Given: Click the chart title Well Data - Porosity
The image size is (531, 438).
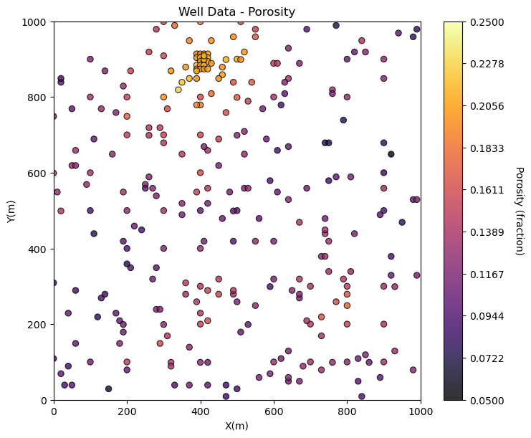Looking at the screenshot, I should tap(236, 11).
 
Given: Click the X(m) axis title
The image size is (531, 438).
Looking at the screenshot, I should tap(236, 426).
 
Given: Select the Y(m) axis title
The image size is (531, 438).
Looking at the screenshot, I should tap(11, 211).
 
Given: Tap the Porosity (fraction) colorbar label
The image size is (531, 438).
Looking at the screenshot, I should tap(520, 211).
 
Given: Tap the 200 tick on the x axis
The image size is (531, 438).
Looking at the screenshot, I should tap(127, 411).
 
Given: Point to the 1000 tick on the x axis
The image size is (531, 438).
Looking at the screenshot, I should tap(421, 411).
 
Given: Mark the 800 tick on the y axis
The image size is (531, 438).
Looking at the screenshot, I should tap(37, 97).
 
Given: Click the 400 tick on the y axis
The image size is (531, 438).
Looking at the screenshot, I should tap(37, 249).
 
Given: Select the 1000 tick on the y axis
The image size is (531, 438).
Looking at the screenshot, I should tap(34, 22).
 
